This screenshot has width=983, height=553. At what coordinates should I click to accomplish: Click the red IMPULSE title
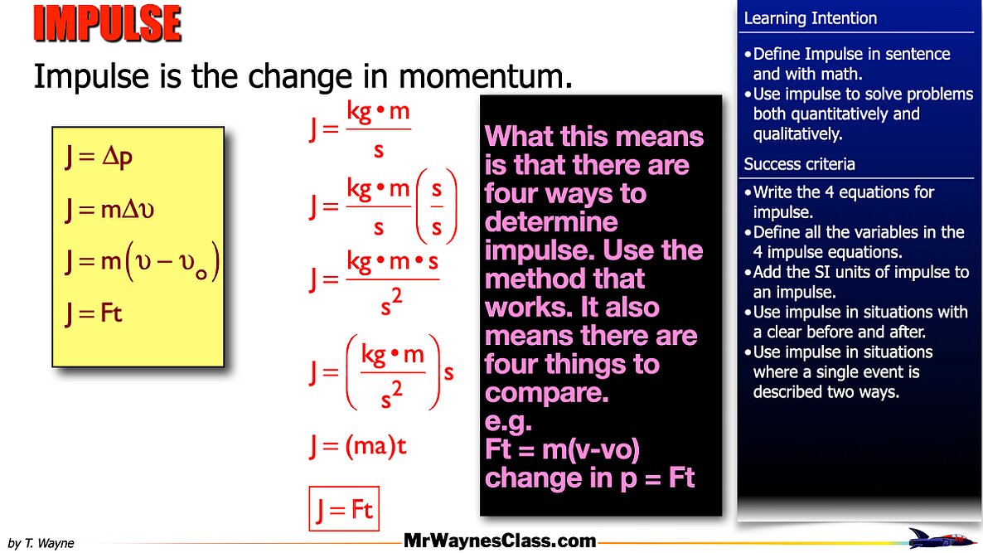107,25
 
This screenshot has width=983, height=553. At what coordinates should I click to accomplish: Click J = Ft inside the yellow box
94,313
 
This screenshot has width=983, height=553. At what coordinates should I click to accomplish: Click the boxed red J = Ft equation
343,508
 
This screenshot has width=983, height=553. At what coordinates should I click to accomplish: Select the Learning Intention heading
810,18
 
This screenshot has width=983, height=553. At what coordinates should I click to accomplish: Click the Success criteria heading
799,164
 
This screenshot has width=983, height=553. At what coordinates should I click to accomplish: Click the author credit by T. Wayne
41,544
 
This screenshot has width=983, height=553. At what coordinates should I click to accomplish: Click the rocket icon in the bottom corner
943,537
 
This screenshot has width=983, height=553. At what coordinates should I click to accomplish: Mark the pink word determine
551,222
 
